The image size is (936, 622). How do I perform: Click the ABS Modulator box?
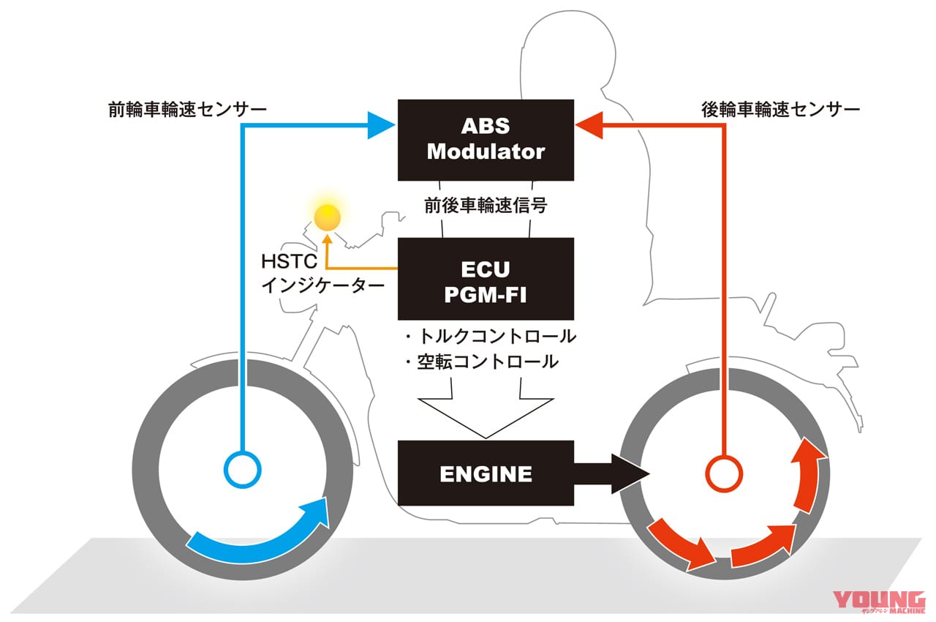click(486, 140)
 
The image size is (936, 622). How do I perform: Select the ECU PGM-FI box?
click(486, 279)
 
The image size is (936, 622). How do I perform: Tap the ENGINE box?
click(486, 473)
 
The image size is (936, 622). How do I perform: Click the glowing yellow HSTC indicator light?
click(327, 216)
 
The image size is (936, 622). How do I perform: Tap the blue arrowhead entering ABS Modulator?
click(381, 125)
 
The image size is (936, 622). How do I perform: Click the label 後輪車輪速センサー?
click(780, 110)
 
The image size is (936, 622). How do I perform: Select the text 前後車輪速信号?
click(486, 207)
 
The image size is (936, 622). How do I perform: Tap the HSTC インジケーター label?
click(322, 273)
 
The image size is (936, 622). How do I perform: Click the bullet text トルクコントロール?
click(490, 337)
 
